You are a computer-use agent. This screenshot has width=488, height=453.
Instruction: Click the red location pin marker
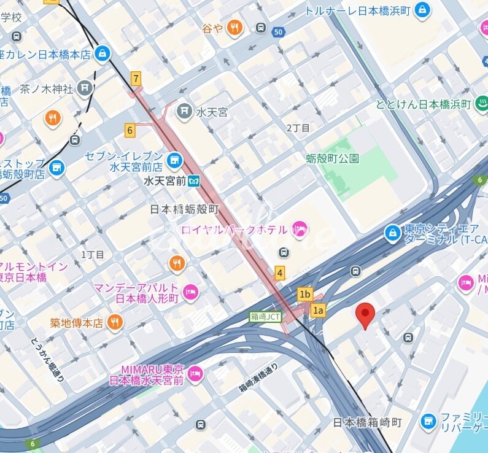(366, 314)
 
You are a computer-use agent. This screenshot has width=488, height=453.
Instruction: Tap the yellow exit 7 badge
(136, 78)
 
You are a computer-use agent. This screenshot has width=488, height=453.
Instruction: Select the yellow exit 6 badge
(130, 130)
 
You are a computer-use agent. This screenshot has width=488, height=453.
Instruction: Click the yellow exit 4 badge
(280, 273)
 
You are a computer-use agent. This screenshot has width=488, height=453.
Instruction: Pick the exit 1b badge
(305, 294)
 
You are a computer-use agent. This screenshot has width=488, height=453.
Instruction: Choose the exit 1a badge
(318, 310)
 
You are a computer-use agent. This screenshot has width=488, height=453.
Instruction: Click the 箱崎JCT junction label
(265, 317)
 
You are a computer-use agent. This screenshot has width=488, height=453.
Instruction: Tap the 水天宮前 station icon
(195, 182)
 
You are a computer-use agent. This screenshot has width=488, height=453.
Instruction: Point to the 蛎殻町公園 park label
(332, 158)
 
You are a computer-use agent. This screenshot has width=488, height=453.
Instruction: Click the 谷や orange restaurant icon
(234, 28)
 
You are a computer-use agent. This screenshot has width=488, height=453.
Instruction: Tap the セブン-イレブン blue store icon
(176, 161)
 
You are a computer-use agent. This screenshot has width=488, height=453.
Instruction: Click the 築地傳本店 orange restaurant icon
(115, 322)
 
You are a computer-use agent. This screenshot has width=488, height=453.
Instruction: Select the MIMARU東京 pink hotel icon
(195, 374)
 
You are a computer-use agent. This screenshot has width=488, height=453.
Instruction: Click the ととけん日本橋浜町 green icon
(481, 104)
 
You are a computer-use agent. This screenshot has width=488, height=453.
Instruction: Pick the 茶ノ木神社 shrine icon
(85, 88)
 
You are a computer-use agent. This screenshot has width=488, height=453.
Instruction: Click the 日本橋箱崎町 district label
(367, 422)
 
